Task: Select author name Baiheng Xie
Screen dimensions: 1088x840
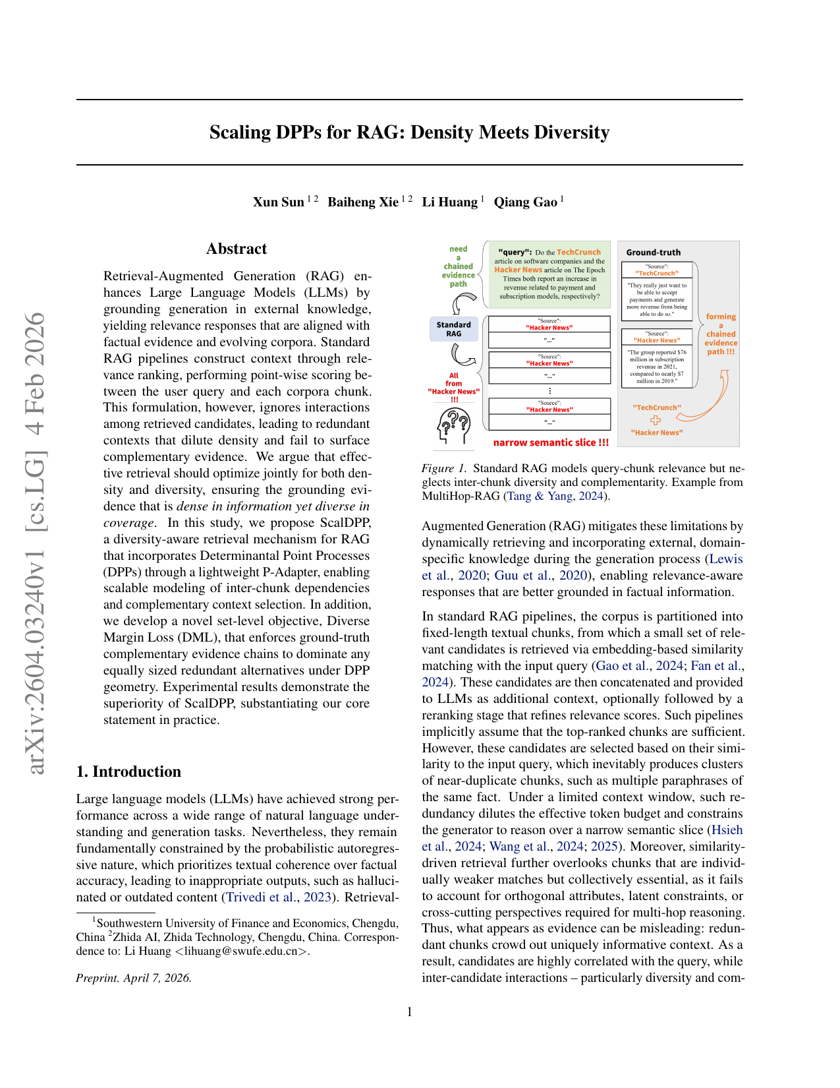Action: point(362,202)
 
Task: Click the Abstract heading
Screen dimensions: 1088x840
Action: point(237,249)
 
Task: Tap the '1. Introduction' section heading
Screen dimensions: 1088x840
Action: point(128,771)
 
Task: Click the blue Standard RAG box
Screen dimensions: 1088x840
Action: point(453,329)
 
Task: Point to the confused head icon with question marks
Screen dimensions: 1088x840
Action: point(455,425)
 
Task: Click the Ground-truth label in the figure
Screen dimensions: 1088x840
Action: point(653,253)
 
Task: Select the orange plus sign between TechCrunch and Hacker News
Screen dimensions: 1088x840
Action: point(656,420)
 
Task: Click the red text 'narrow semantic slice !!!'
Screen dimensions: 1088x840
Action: point(551,442)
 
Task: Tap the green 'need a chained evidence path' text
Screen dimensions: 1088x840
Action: point(459,266)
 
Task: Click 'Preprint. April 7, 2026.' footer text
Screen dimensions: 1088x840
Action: point(134,978)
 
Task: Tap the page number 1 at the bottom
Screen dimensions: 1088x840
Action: point(410,1012)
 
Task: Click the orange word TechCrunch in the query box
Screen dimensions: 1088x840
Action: point(578,253)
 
